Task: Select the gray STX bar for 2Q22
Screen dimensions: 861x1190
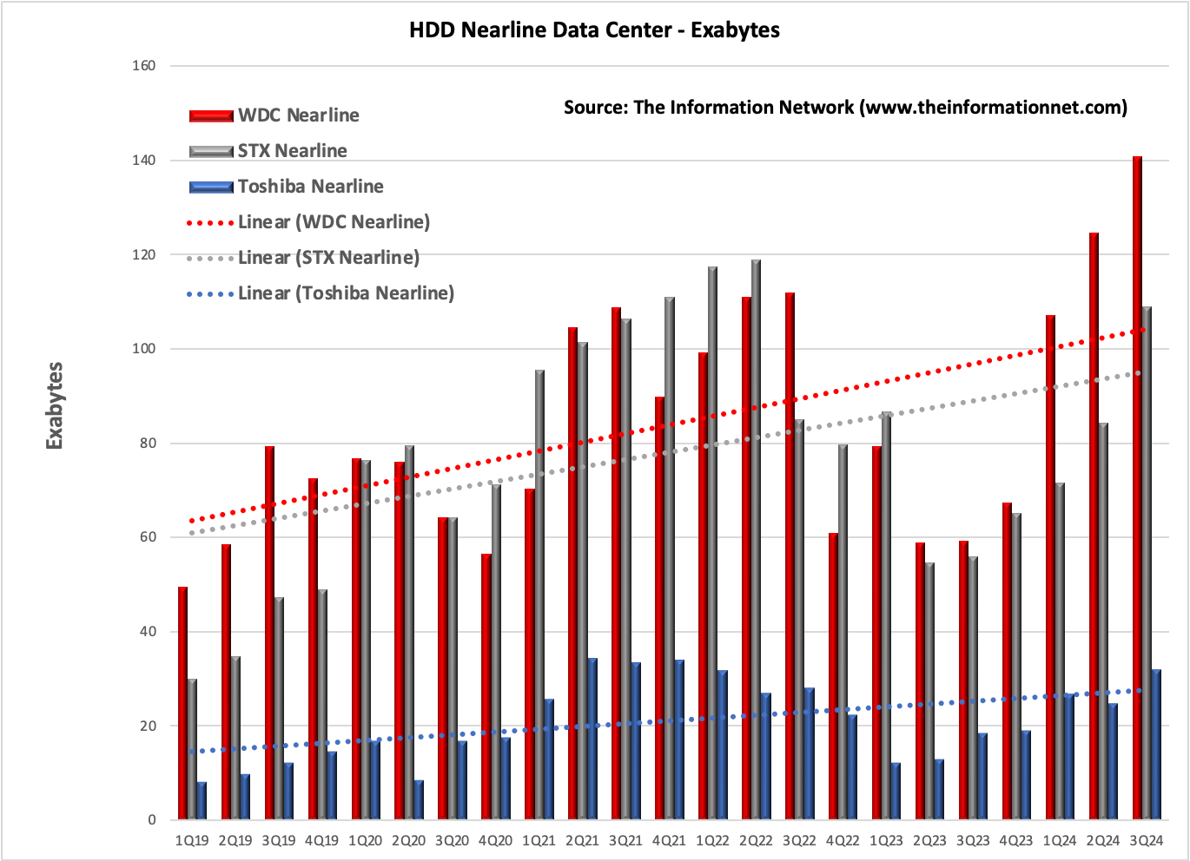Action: coord(756,539)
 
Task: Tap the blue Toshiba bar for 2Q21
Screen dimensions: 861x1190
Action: coord(592,739)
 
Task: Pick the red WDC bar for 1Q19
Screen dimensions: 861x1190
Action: coord(182,703)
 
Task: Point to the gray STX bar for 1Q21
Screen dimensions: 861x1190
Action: coord(539,595)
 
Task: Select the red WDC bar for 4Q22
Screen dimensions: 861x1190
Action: coord(833,676)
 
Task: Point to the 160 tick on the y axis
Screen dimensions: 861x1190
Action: coord(144,66)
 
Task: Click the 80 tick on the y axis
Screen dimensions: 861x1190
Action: coord(148,444)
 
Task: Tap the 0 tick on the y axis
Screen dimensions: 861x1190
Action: coord(151,820)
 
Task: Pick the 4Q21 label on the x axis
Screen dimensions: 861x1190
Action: coord(669,841)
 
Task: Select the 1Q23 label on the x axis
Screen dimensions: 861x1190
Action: coord(886,841)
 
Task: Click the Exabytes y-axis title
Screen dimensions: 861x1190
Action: coord(55,405)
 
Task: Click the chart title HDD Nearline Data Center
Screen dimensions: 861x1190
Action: coord(594,30)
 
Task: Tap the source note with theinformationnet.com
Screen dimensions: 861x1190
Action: coord(845,108)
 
